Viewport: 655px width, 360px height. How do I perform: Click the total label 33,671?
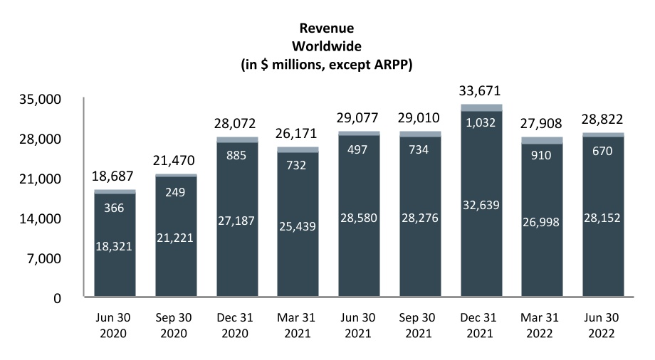[481, 90]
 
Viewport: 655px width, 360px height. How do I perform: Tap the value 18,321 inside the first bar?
[115, 245]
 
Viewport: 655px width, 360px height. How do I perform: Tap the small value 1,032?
[481, 122]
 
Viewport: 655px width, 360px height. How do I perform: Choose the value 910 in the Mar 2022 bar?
[543, 154]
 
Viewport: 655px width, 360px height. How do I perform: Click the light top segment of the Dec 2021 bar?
[481, 107]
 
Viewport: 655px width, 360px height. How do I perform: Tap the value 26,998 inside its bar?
[543, 223]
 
